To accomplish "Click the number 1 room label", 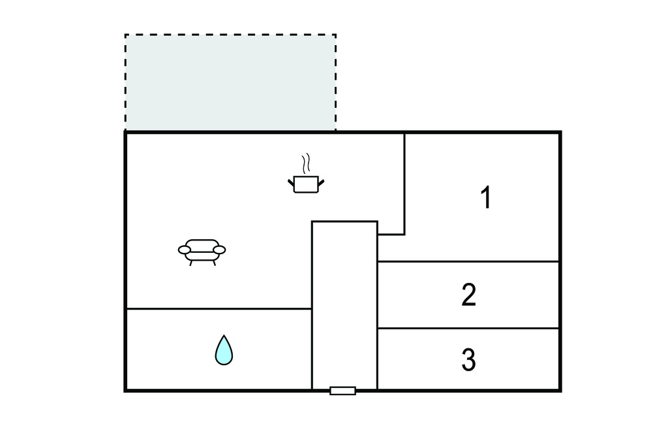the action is point(486,197).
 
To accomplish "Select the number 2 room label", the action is point(468,295).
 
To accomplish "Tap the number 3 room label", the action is point(468,360).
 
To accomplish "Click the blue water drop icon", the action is point(224,350).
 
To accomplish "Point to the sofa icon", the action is point(202,252).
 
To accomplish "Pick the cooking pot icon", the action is point(306,184).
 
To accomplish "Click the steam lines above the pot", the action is point(306,163).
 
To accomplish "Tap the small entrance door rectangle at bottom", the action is point(342,391).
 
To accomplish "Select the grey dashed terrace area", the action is point(230,82).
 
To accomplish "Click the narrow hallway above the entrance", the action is point(344,304).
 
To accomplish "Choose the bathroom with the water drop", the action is point(219,349).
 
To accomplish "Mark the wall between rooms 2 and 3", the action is point(468,328).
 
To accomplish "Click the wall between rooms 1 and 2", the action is point(468,261).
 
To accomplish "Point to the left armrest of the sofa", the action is point(185,250).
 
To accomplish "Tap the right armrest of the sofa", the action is point(219,250).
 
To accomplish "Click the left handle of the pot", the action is point(291,183).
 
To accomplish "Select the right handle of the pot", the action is point(321,183).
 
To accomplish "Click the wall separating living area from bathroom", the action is point(219,308).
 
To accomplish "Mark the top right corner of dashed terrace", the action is point(336,35).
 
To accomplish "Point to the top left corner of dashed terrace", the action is point(125,35).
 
